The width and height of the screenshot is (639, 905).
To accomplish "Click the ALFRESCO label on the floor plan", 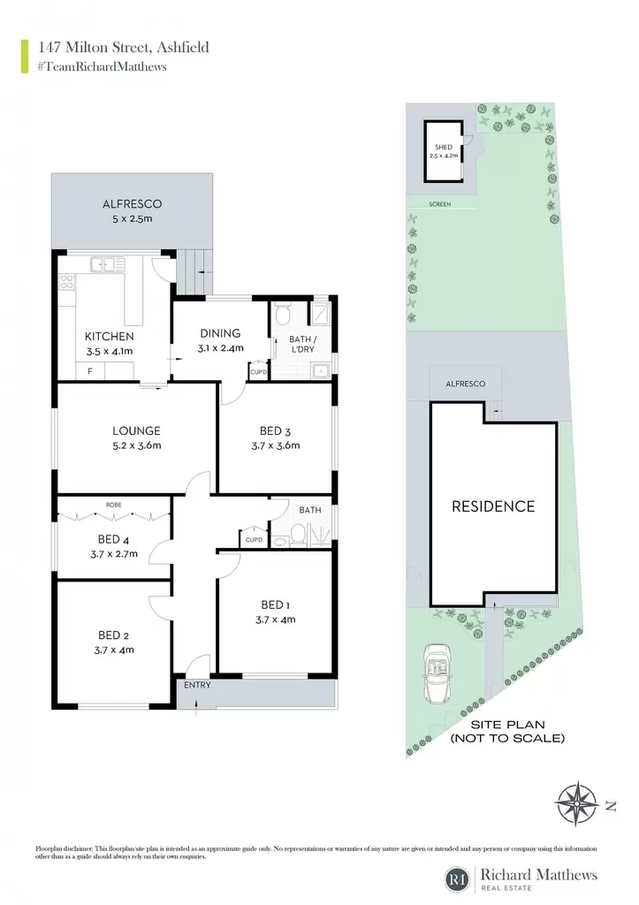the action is (133, 204).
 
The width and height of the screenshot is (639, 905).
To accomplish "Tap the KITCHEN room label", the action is (109, 337).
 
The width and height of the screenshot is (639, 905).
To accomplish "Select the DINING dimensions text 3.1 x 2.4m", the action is (220, 348).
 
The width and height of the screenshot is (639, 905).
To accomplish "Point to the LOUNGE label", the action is (136, 430).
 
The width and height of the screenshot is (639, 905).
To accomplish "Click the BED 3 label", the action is (276, 431).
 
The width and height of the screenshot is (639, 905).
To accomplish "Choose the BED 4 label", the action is (114, 540).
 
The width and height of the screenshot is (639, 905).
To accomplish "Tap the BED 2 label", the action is (114, 635).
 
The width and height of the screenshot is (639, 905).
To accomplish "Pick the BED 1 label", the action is (276, 605).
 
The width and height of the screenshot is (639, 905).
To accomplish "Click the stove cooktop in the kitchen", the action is (67, 282).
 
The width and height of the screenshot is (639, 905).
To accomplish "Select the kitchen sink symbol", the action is (107, 264).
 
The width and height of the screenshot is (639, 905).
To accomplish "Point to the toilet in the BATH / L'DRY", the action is (283, 315).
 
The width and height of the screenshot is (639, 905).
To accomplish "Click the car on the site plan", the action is (437, 673).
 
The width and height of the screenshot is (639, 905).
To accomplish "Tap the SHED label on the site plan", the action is (444, 148).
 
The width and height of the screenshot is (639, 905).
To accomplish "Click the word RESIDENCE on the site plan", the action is (493, 506).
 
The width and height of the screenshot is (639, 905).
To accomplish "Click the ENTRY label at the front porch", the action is (197, 685).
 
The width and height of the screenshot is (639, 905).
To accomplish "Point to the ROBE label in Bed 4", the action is (114, 505).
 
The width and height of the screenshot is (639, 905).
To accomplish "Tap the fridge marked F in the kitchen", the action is (90, 371).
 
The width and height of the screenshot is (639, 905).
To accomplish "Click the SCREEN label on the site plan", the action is (440, 204).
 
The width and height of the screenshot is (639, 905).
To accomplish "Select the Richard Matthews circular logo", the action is (457, 879).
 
